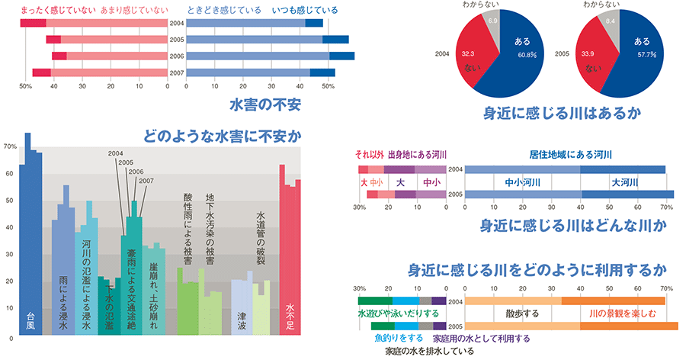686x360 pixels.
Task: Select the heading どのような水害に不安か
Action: coord(222,137)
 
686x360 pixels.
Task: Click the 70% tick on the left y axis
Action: coord(10,146)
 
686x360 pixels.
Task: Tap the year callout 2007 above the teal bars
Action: coord(147,181)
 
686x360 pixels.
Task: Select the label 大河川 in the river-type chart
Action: coord(623,183)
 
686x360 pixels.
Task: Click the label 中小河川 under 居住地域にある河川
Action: coord(522,183)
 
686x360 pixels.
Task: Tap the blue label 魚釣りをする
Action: coord(399,337)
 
